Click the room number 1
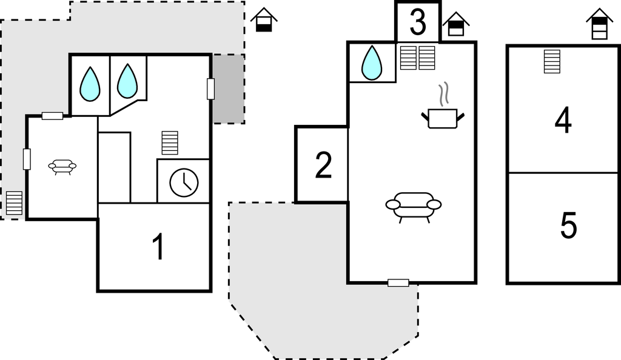[158, 247]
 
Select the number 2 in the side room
[323, 165]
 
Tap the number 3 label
[418, 23]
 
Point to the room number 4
[563, 121]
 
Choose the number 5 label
[568, 226]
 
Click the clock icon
[184, 183]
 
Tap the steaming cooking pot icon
[443, 112]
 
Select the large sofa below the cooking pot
[413, 206]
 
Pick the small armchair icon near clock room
[62, 166]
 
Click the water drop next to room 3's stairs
[372, 63]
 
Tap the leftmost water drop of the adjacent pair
[90, 84]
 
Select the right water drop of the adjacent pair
[127, 81]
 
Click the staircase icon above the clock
[170, 143]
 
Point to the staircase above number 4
[552, 61]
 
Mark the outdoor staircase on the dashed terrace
[14, 203]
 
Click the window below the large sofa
[398, 282]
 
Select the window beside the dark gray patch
[210, 88]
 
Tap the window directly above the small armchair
[53, 116]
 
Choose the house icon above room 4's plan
[599, 24]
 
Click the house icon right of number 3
[456, 24]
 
